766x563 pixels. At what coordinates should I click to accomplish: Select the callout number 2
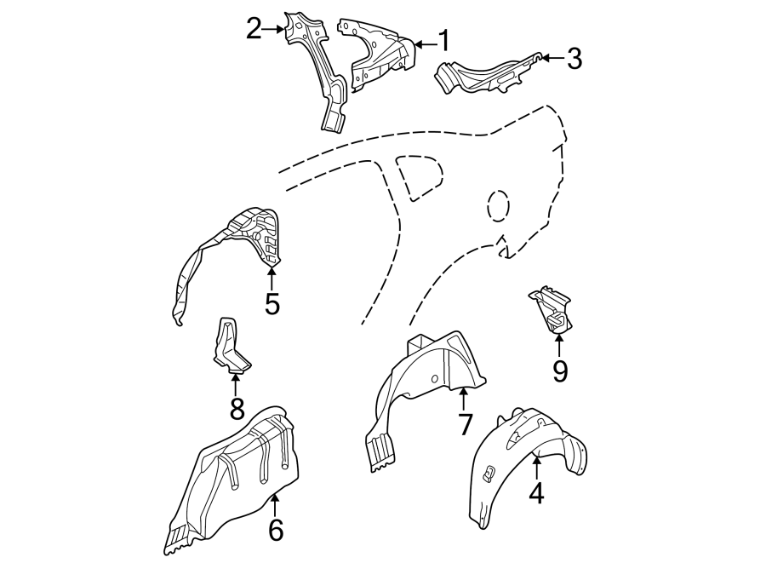click(x=254, y=29)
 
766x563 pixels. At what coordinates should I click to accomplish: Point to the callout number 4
click(x=536, y=493)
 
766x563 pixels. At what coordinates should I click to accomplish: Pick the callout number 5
click(x=272, y=303)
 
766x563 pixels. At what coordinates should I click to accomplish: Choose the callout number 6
click(x=275, y=529)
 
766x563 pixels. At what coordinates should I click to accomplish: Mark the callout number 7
click(x=465, y=423)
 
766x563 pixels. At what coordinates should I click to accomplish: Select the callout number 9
click(x=559, y=371)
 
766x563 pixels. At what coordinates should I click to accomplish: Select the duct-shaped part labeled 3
click(x=485, y=73)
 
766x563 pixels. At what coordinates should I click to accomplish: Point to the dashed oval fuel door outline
click(x=499, y=207)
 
